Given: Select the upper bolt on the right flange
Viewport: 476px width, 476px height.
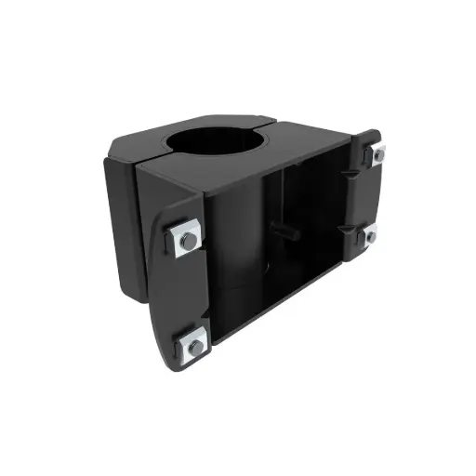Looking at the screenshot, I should tap(377, 155).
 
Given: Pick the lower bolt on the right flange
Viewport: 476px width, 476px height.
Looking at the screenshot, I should tap(370, 236).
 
